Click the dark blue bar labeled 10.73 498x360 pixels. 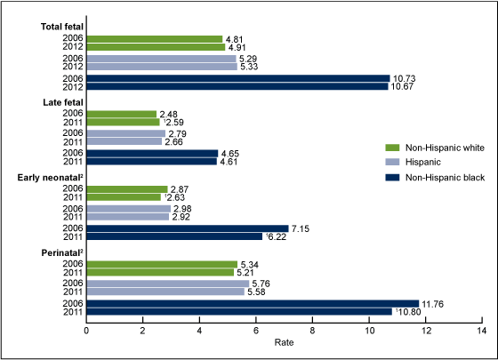pos(237,77)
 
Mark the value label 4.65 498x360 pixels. pos(231,153)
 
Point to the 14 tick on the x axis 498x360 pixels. pos(481,332)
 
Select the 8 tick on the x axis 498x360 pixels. pos(312,332)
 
